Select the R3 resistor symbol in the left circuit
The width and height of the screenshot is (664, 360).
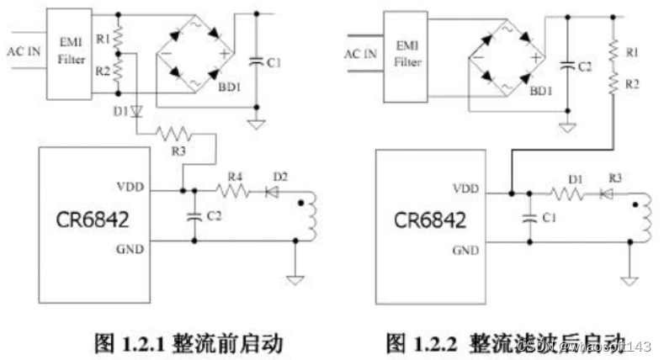(x=177, y=133)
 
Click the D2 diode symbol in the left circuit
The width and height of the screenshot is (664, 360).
(x=273, y=192)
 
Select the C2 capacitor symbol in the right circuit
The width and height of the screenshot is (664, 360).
(x=568, y=64)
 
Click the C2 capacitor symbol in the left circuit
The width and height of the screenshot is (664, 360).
(x=195, y=215)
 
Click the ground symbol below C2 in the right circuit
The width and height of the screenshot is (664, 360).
(x=568, y=126)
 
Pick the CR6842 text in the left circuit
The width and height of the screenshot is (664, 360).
(x=93, y=220)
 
